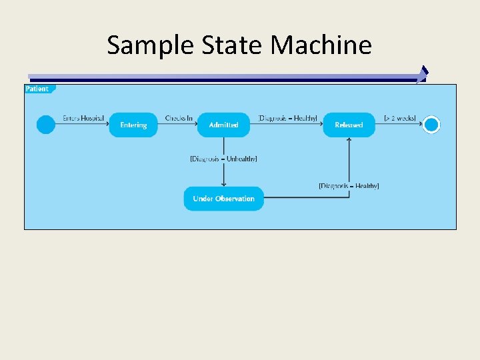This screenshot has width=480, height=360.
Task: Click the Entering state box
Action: [133, 125]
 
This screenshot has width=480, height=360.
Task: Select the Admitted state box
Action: [223, 125]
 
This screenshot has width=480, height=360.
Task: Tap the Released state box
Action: [349, 125]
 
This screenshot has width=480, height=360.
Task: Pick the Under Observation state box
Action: [223, 199]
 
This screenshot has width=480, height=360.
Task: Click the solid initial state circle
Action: [46, 125]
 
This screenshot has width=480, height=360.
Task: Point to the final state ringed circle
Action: [431, 125]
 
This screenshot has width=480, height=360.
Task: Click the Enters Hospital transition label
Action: [83, 118]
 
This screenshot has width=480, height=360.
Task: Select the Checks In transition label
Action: [179, 118]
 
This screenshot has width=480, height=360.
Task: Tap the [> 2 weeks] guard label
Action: [400, 118]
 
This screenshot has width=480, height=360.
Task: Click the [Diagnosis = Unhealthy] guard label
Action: [223, 159]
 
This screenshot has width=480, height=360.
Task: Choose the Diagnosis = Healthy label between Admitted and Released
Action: [287, 118]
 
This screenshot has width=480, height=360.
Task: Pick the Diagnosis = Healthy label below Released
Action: [349, 186]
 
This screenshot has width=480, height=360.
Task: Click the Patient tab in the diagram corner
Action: [38, 89]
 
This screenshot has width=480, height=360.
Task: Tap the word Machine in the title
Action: [321, 45]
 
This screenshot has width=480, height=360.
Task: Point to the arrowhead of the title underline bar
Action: [423, 75]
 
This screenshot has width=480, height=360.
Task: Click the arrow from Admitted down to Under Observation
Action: [223, 173]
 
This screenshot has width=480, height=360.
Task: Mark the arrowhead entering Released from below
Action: [349, 141]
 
